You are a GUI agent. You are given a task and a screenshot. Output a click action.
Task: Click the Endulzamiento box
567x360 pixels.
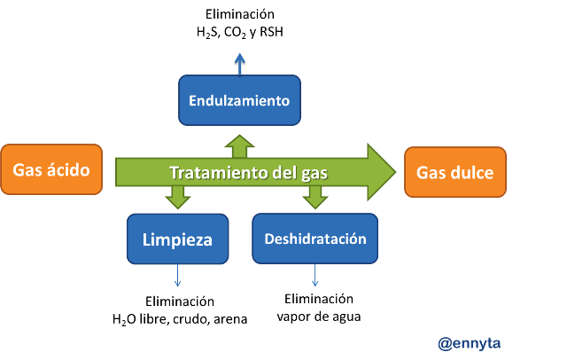click(x=239, y=100)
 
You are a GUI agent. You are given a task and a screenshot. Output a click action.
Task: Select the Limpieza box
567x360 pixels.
click(x=177, y=239)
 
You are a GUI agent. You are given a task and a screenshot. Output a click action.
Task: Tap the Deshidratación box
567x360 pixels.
click(x=315, y=239)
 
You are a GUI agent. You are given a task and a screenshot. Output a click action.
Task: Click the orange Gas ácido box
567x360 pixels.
click(x=51, y=169)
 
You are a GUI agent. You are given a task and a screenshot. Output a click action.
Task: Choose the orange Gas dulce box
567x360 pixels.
click(x=455, y=172)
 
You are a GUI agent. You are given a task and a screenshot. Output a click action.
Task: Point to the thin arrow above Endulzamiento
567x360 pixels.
click(x=239, y=63)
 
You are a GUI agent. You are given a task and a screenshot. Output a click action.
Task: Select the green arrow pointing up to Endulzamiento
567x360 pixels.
click(x=239, y=146)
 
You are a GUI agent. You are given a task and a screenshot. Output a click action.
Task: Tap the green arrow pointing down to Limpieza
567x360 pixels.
click(x=177, y=197)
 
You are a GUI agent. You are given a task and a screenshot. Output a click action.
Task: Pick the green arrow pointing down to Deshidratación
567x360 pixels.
click(x=315, y=197)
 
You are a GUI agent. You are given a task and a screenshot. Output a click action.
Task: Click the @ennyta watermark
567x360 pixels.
click(x=470, y=342)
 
